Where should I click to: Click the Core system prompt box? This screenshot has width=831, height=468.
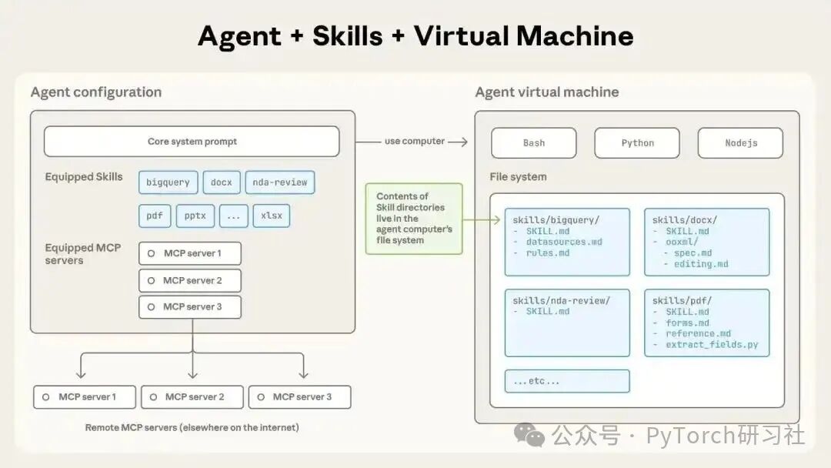[x=192, y=142]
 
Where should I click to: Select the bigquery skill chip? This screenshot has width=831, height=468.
[x=168, y=182]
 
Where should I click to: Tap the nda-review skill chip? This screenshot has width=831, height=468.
[x=280, y=182]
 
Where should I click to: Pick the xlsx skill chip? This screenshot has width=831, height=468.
[x=272, y=216]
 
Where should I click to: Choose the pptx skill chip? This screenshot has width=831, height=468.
[x=195, y=216]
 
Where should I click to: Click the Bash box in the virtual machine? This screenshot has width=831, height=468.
[x=534, y=143]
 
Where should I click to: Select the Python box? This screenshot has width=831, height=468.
[x=637, y=143]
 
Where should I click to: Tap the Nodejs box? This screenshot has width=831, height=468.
[x=740, y=143]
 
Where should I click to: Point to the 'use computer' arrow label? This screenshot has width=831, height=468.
[x=414, y=142]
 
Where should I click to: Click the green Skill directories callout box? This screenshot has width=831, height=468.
[x=414, y=218]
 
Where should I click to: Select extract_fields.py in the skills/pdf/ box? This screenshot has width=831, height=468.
[x=712, y=344]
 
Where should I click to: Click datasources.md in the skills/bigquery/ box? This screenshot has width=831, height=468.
[x=564, y=242]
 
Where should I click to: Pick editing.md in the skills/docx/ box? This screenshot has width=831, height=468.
[x=700, y=264]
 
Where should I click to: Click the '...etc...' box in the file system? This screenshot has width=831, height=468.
[x=567, y=381]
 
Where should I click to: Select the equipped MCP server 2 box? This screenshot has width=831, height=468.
[x=190, y=280]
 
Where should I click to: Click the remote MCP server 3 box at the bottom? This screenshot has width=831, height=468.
[x=300, y=397]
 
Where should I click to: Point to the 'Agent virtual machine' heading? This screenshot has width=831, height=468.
[x=547, y=92]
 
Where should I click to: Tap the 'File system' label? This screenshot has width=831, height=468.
[x=518, y=177]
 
